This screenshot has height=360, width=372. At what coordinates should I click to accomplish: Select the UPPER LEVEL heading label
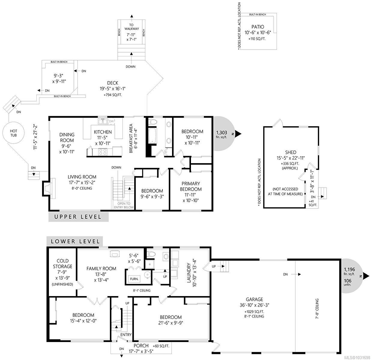78,217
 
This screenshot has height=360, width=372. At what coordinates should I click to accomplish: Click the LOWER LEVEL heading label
75,241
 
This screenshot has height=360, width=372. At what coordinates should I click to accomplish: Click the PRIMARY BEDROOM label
191,186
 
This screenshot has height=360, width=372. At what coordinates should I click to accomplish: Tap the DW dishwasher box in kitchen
111,121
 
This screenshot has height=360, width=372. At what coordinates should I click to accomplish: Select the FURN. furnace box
134,279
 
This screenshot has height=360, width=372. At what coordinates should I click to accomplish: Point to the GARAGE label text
254,299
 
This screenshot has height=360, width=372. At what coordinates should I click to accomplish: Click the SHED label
291,152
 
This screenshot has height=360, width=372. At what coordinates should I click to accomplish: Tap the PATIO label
258,27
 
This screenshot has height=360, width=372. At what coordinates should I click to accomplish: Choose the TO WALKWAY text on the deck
132,27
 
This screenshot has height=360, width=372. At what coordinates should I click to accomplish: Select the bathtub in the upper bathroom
151,136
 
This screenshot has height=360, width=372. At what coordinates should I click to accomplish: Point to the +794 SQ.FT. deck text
113,95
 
